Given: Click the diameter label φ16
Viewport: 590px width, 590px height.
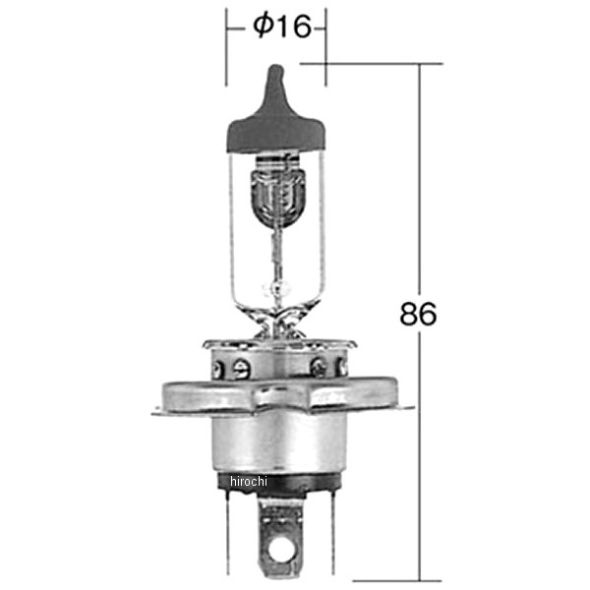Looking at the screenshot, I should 281,27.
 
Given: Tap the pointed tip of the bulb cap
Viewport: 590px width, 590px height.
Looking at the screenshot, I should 274,71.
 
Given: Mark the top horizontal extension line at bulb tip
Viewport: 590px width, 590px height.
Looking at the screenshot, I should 374,64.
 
